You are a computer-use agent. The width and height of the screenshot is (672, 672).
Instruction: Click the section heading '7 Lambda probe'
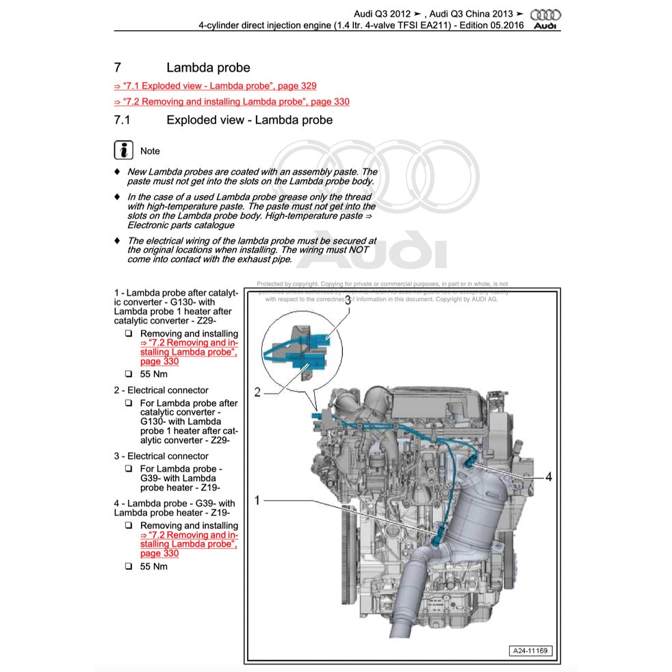coord(181,68)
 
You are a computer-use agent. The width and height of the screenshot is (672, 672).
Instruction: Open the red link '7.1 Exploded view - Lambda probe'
coord(215,86)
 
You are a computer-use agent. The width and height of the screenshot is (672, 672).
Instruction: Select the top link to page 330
coord(231,102)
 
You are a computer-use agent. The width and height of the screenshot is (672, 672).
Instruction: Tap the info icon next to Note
coord(123,151)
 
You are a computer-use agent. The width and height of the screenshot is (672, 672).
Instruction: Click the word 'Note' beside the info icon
coord(150,151)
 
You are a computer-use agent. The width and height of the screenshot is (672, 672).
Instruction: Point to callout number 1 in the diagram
coord(257,500)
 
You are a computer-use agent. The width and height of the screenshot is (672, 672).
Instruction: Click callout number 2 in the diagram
coord(257,392)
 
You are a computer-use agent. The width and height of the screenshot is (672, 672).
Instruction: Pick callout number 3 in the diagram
coord(348,300)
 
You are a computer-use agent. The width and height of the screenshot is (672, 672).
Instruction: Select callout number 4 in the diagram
coord(548,477)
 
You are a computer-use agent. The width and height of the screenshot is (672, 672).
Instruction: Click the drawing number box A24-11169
coord(530,651)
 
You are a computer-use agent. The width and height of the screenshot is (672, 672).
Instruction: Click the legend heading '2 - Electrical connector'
coord(161,390)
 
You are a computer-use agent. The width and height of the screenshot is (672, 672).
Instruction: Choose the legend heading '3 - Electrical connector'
coord(161,456)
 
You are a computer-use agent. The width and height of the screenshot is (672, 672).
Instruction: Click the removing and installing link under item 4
coord(188,544)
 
